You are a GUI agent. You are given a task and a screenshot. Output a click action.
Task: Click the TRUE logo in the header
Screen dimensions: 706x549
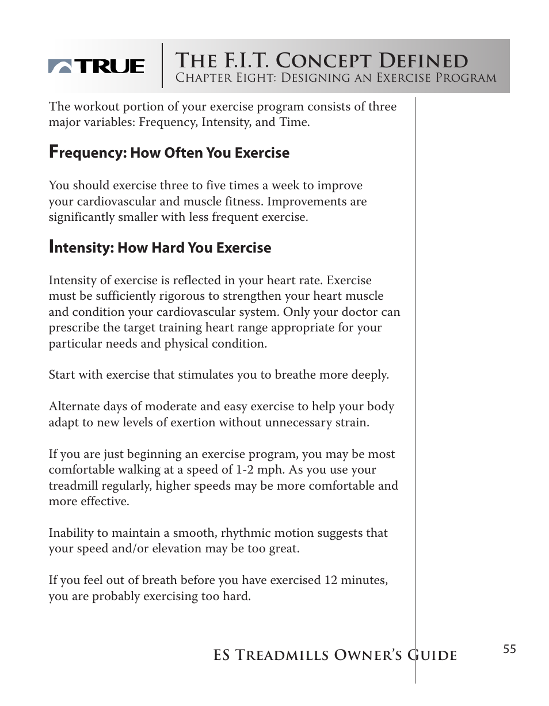96,67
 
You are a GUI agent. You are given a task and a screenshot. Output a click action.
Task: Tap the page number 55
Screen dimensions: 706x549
509,650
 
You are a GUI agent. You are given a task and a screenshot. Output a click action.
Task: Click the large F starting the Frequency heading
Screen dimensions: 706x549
54,151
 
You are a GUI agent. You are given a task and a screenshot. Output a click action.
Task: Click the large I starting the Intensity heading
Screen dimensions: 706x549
51,246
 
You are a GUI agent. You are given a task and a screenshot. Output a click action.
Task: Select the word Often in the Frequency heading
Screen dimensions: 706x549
184,153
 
